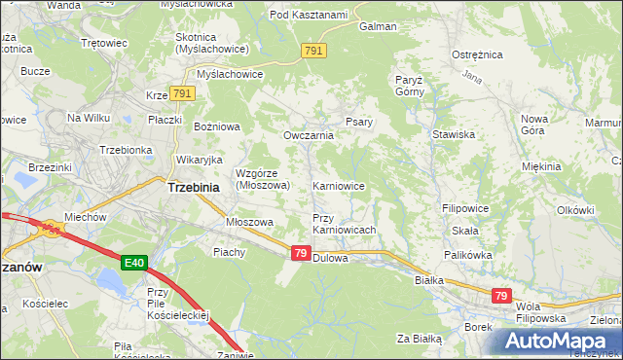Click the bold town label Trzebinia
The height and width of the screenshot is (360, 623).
[198, 187]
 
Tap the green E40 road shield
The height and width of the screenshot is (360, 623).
[135, 263]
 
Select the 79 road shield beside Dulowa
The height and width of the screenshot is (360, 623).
[301, 253]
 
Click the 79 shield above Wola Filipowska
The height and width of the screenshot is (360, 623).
[501, 296]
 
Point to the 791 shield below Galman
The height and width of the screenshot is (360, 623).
[313, 50]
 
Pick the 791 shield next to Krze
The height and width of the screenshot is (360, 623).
[183, 93]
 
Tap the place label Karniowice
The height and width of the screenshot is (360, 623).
[338, 185]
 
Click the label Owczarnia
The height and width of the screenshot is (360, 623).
[309, 135]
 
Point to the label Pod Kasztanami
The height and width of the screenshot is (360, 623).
[309, 15]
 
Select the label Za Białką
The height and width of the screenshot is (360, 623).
[420, 339]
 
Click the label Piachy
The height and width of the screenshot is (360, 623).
[230, 252]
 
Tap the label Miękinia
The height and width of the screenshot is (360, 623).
[541, 166]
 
